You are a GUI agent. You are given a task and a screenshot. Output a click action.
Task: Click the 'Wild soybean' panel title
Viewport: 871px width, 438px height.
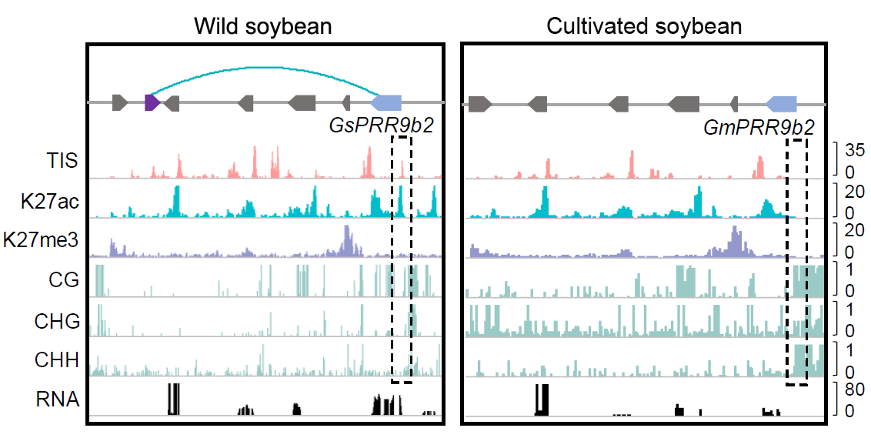pos(262,26)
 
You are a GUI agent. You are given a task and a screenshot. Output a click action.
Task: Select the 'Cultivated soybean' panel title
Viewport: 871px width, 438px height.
pos(643,26)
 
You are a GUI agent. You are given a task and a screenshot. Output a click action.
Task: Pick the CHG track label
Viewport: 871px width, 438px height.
pos(57,320)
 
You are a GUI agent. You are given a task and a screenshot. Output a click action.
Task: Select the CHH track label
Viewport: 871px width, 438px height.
pos(57,359)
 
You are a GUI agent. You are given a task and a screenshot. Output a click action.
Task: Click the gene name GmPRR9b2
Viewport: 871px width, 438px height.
pos(759,127)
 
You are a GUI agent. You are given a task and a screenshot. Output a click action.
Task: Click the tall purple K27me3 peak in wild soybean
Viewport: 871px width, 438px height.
pos(348,239)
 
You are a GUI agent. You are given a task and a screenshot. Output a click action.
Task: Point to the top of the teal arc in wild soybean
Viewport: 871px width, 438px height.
pos(262,67)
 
